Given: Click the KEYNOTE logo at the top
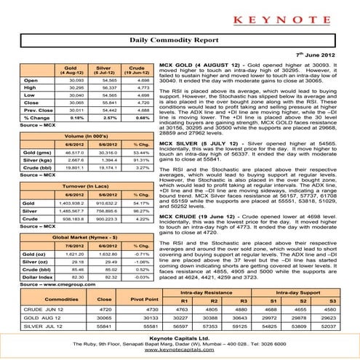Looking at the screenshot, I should (x=180, y=15).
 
